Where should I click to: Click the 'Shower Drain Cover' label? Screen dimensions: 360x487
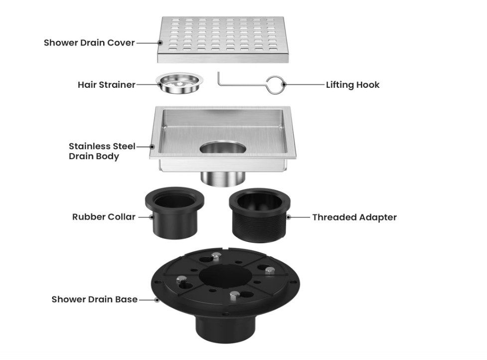tap(89, 43)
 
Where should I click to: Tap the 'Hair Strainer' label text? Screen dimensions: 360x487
tap(106, 85)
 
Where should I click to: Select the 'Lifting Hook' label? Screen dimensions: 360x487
tap(352, 85)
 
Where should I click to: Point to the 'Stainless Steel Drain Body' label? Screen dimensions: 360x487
tap(102, 151)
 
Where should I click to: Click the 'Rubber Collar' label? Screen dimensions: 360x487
tap(104, 217)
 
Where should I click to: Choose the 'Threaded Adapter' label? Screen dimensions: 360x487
tap(354, 217)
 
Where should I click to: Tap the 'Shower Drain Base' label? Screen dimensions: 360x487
tap(95, 300)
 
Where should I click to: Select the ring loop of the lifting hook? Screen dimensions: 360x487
tap(276, 84)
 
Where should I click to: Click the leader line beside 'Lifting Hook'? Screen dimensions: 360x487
tap(304, 85)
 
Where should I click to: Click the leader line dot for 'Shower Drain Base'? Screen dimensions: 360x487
tap(157, 300)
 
